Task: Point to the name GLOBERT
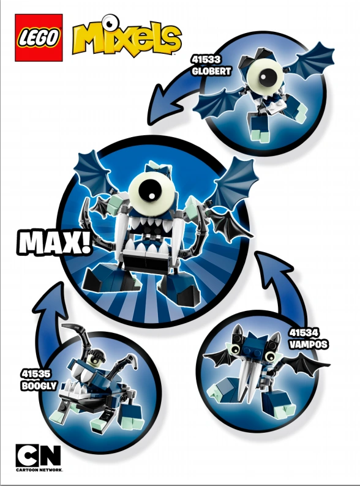click(211, 70)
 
